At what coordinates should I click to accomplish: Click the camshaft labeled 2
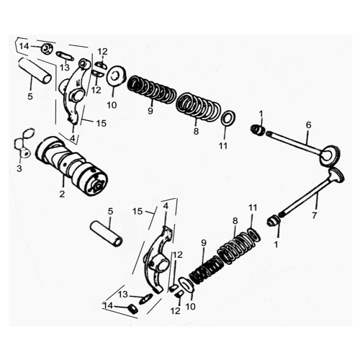[71, 166]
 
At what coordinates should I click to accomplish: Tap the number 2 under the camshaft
[62, 194]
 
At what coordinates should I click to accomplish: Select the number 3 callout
[19, 168]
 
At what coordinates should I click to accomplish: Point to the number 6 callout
[309, 125]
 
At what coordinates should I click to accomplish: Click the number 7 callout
[315, 215]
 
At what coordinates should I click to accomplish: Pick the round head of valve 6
[330, 155]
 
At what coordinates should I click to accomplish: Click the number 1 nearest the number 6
[261, 114]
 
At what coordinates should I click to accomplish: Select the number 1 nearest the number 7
[276, 244]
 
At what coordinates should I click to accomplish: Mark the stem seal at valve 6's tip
[258, 130]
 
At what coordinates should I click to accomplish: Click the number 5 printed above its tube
[110, 211]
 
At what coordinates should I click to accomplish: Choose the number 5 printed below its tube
[30, 96]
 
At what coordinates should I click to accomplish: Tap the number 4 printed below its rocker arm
[73, 138]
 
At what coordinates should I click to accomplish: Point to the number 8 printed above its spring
[235, 221]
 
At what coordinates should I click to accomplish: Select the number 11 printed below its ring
[223, 145]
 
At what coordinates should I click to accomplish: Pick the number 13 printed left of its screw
[122, 294]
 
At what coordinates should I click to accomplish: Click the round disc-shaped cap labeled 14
[45, 49]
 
